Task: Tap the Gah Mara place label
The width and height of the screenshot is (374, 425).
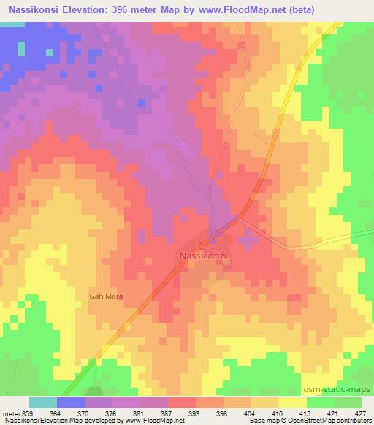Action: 104,296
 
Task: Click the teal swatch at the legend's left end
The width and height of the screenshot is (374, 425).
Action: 42,402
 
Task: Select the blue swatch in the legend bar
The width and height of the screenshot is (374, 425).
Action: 70,402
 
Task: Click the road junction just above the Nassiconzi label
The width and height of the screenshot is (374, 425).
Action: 213,235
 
